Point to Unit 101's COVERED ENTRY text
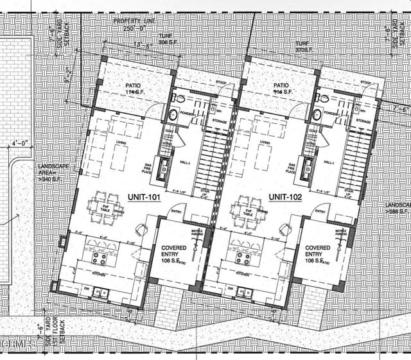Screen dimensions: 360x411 click(x=173, y=251)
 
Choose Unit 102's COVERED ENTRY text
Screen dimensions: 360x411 click(x=317, y=251)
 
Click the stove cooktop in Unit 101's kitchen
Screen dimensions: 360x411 click(x=100, y=258)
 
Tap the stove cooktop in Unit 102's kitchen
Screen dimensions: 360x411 click(x=243, y=258)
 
